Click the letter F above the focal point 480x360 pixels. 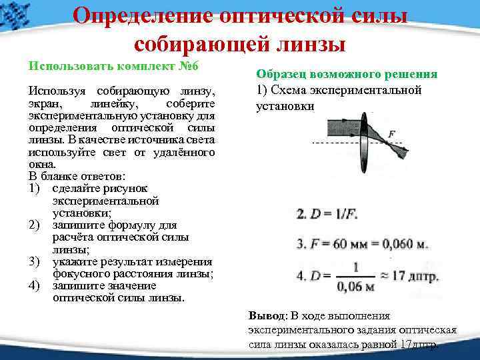[392, 133]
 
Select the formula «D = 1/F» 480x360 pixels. [327, 215]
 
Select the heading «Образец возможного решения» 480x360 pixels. [347, 75]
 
